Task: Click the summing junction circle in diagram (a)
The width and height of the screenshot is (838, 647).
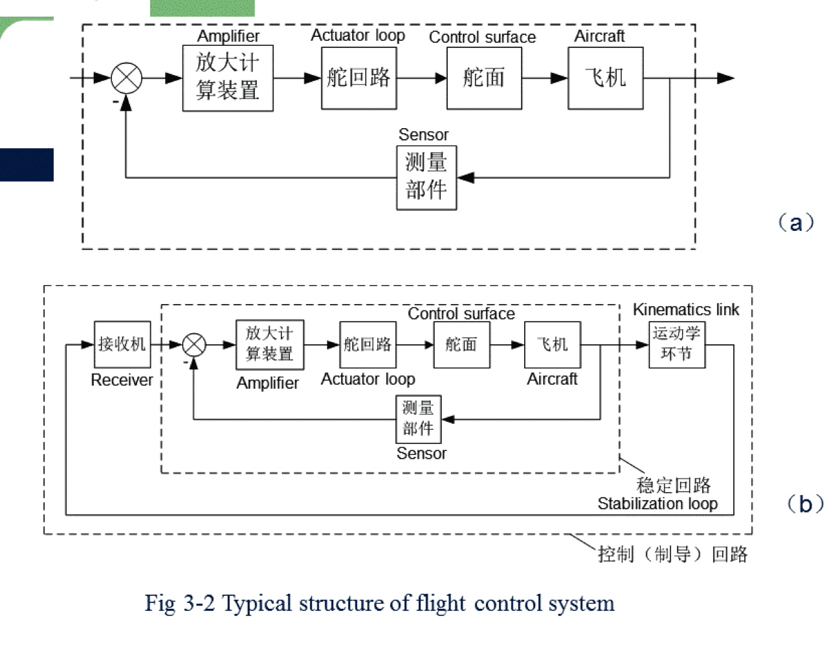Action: [x=126, y=78]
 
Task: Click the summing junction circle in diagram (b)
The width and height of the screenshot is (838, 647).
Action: [x=193, y=345]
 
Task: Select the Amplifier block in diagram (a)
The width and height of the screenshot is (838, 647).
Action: [x=228, y=78]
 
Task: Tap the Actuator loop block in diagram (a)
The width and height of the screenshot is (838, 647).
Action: [x=358, y=78]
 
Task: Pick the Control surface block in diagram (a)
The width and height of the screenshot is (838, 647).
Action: [x=484, y=78]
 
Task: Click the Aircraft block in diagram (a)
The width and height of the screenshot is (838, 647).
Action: [x=606, y=78]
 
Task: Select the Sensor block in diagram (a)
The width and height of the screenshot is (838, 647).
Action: [x=426, y=177]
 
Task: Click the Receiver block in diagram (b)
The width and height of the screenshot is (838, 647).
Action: [x=122, y=344]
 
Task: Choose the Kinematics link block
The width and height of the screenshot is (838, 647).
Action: [x=676, y=344]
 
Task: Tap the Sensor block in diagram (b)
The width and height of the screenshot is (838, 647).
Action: [x=418, y=419]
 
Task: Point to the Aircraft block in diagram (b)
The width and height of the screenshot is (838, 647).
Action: [x=552, y=344]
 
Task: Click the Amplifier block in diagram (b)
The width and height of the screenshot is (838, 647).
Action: [x=270, y=344]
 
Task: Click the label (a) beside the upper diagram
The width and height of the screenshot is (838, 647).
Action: [x=795, y=223]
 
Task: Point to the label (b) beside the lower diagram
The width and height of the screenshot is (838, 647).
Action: [x=805, y=503]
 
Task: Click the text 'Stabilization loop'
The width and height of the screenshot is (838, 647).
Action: [x=657, y=503]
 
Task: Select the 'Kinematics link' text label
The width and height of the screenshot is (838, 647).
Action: [x=686, y=310]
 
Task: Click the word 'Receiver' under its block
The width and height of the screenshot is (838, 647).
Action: [x=122, y=380]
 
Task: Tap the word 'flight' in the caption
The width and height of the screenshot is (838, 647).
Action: [x=440, y=603]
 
